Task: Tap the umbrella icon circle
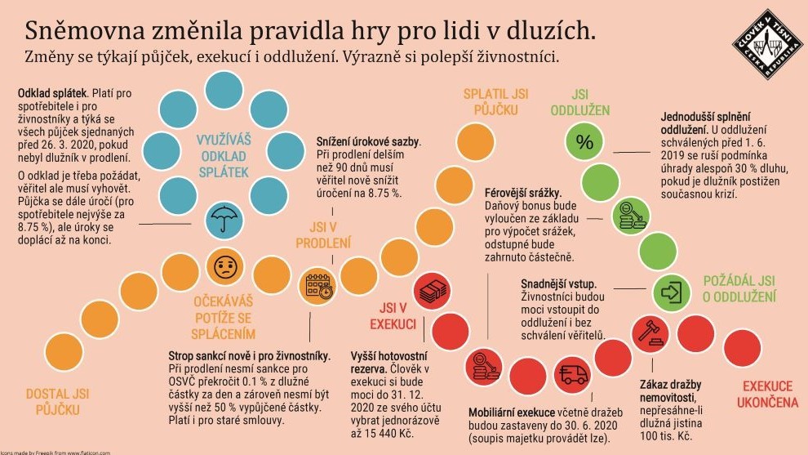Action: tap(222, 218)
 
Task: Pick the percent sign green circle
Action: tap(584, 142)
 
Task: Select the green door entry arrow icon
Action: tap(673, 291)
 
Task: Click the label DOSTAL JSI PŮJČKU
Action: tap(58, 401)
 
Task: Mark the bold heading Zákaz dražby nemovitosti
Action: tap(670, 390)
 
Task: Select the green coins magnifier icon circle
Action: tap(631, 216)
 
